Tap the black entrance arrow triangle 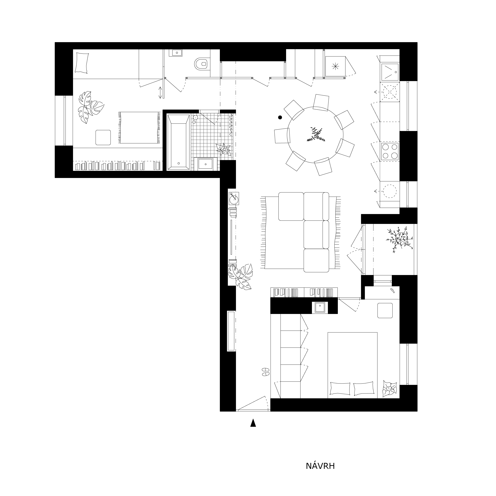(253, 423)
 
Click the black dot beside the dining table (280, 117)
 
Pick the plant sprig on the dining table (316, 135)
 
